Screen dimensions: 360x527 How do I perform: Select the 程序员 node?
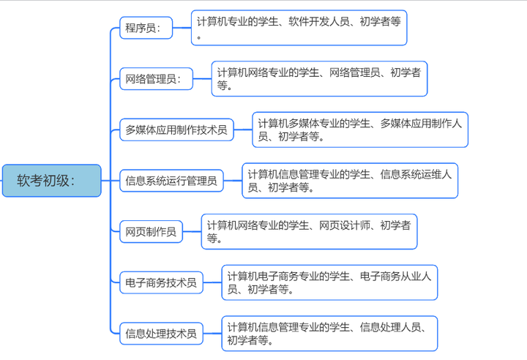(x=146, y=29)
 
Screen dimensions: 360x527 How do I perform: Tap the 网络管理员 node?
(x=156, y=79)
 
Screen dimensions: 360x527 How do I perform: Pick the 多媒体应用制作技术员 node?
(x=176, y=130)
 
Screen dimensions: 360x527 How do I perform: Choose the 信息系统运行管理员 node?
(x=171, y=181)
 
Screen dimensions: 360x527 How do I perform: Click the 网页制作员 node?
(x=151, y=232)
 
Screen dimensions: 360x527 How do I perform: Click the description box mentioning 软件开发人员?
(x=299, y=28)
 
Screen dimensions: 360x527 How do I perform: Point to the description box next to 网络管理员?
(x=319, y=78)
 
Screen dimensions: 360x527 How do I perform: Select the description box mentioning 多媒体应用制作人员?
(x=359, y=130)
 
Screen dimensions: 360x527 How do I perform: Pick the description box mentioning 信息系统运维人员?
(x=350, y=180)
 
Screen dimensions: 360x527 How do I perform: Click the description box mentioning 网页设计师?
(x=309, y=231)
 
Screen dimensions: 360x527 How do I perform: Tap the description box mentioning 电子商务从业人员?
(x=329, y=282)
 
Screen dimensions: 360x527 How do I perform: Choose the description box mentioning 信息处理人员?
(x=329, y=333)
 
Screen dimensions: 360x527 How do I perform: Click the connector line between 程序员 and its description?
(x=182, y=29)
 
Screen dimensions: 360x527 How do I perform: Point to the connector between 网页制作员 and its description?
(x=191, y=232)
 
